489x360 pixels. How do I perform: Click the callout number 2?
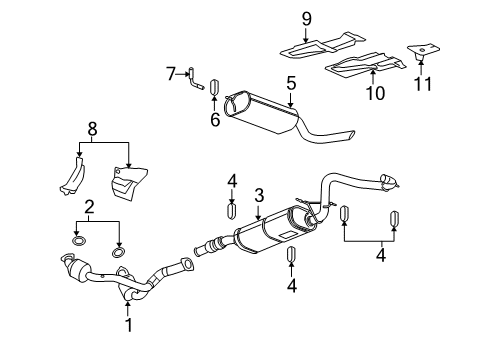(88, 207)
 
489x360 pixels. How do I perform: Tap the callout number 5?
(292, 84)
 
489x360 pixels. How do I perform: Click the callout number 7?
(171, 72)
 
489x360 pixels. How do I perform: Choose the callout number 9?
(308, 17)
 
